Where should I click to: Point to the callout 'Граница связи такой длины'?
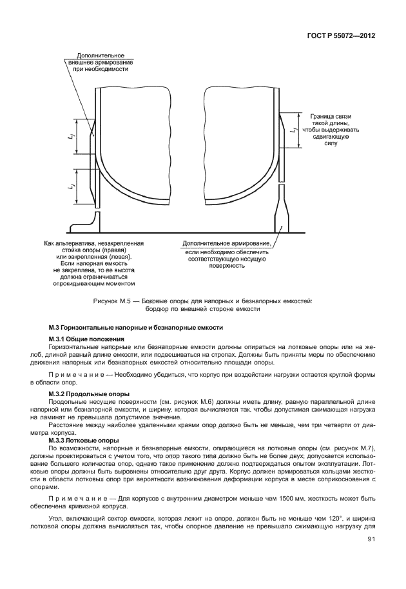(331, 129)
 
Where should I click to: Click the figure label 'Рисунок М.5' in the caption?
(113, 301)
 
